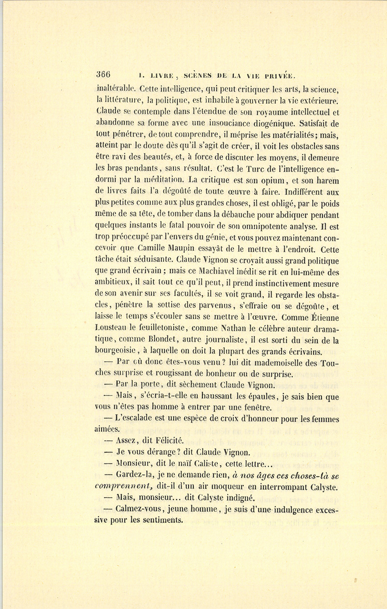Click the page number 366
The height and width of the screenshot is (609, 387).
point(103,74)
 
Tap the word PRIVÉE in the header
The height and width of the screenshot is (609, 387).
point(278,76)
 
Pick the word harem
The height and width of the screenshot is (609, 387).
point(327,181)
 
